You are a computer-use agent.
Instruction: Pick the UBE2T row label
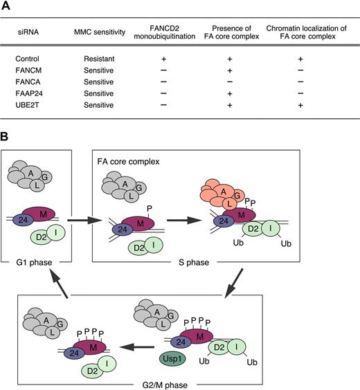[x=30, y=113]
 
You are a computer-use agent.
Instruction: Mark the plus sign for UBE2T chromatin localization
[x=300, y=113]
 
